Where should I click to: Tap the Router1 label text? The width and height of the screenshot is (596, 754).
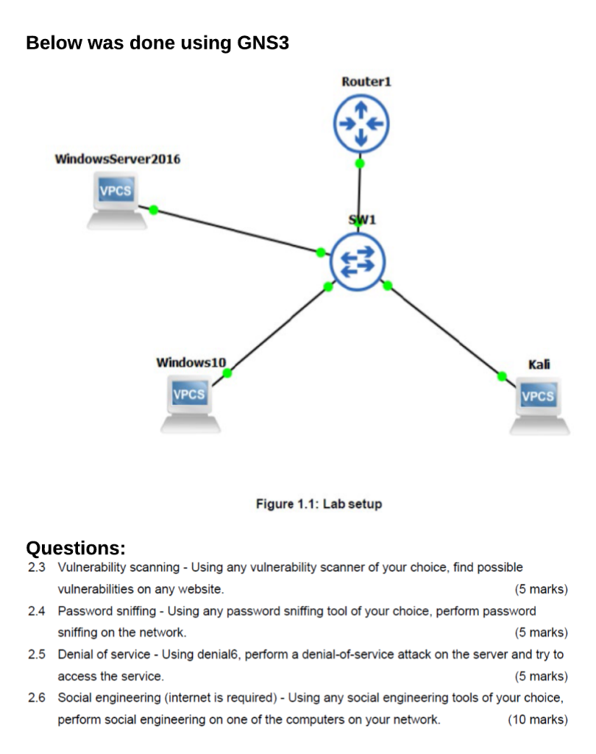pos(366,82)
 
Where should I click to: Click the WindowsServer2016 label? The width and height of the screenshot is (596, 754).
pos(118,159)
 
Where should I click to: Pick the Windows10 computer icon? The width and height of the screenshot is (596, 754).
pos(190,404)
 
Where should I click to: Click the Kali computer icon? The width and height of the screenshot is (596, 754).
pos(539,406)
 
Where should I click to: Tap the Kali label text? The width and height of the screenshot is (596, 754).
pos(539,364)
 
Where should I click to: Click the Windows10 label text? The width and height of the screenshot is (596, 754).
pos(191,362)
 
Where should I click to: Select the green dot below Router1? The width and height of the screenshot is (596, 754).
pos(360,163)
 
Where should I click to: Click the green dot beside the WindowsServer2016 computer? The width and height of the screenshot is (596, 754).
pos(154,210)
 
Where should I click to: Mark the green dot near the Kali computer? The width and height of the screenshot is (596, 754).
pos(502,376)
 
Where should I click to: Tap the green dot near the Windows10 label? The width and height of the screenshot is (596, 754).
pos(227,373)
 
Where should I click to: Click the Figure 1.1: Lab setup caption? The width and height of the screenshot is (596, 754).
pos(319,504)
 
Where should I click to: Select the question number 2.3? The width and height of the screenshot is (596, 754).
pos(37,568)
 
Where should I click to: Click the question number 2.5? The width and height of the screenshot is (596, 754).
pos(37,655)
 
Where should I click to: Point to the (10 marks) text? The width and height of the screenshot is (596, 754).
pos(538,719)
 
